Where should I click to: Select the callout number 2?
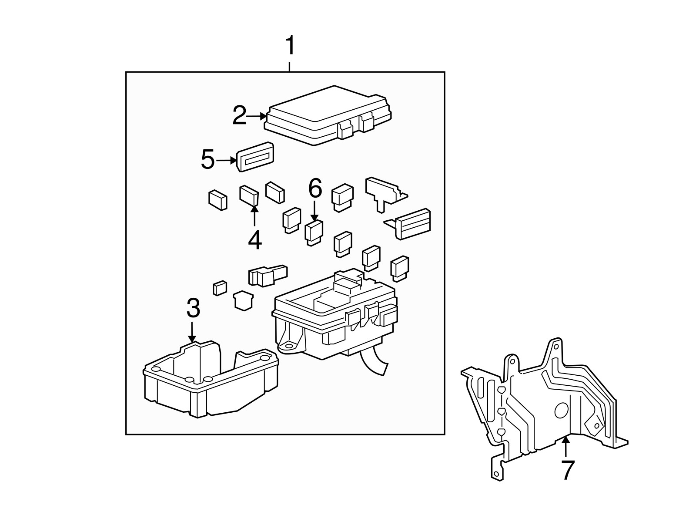click(x=240, y=116)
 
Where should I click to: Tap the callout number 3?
click(x=193, y=308)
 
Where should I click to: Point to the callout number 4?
click(x=255, y=240)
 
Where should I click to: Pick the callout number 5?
click(x=208, y=160)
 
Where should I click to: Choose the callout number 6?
click(x=315, y=189)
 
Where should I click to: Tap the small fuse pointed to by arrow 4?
click(x=249, y=195)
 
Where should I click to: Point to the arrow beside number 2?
click(x=257, y=116)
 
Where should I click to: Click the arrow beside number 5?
click(x=226, y=160)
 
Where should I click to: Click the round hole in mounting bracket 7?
click(x=562, y=411)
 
